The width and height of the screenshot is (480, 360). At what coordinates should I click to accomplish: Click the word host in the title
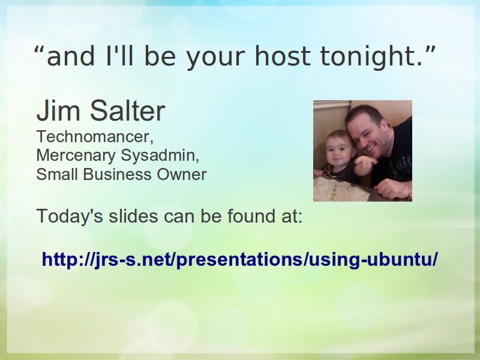point(283,56)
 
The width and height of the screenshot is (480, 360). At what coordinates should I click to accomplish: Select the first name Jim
point(58,110)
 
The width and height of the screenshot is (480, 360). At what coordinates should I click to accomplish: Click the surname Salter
point(127,110)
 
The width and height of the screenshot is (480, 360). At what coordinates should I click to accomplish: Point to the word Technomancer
point(95,137)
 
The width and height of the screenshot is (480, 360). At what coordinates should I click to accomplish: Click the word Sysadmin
point(160,156)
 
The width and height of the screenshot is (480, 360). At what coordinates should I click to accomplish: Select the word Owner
point(182,175)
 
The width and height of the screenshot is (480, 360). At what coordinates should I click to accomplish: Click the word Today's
point(70,216)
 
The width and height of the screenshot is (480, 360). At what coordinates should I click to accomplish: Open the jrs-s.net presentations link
point(239,260)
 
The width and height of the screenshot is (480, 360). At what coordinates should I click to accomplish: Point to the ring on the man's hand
point(386,193)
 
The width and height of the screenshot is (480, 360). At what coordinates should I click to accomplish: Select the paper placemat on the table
point(337,190)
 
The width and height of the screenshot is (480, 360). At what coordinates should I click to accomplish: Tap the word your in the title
point(215,58)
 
